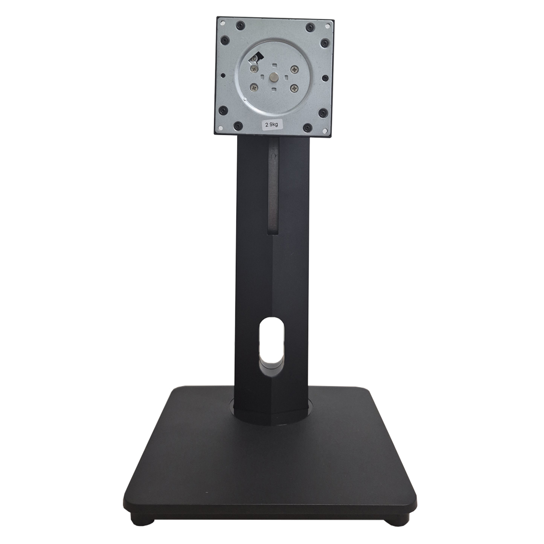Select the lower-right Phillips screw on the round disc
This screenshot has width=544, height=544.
pos(294,88)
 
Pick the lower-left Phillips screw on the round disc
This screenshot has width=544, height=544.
pos(253,87)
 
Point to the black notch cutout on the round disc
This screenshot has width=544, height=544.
pos(257,56)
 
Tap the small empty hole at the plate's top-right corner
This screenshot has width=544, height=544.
pos(327,23)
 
